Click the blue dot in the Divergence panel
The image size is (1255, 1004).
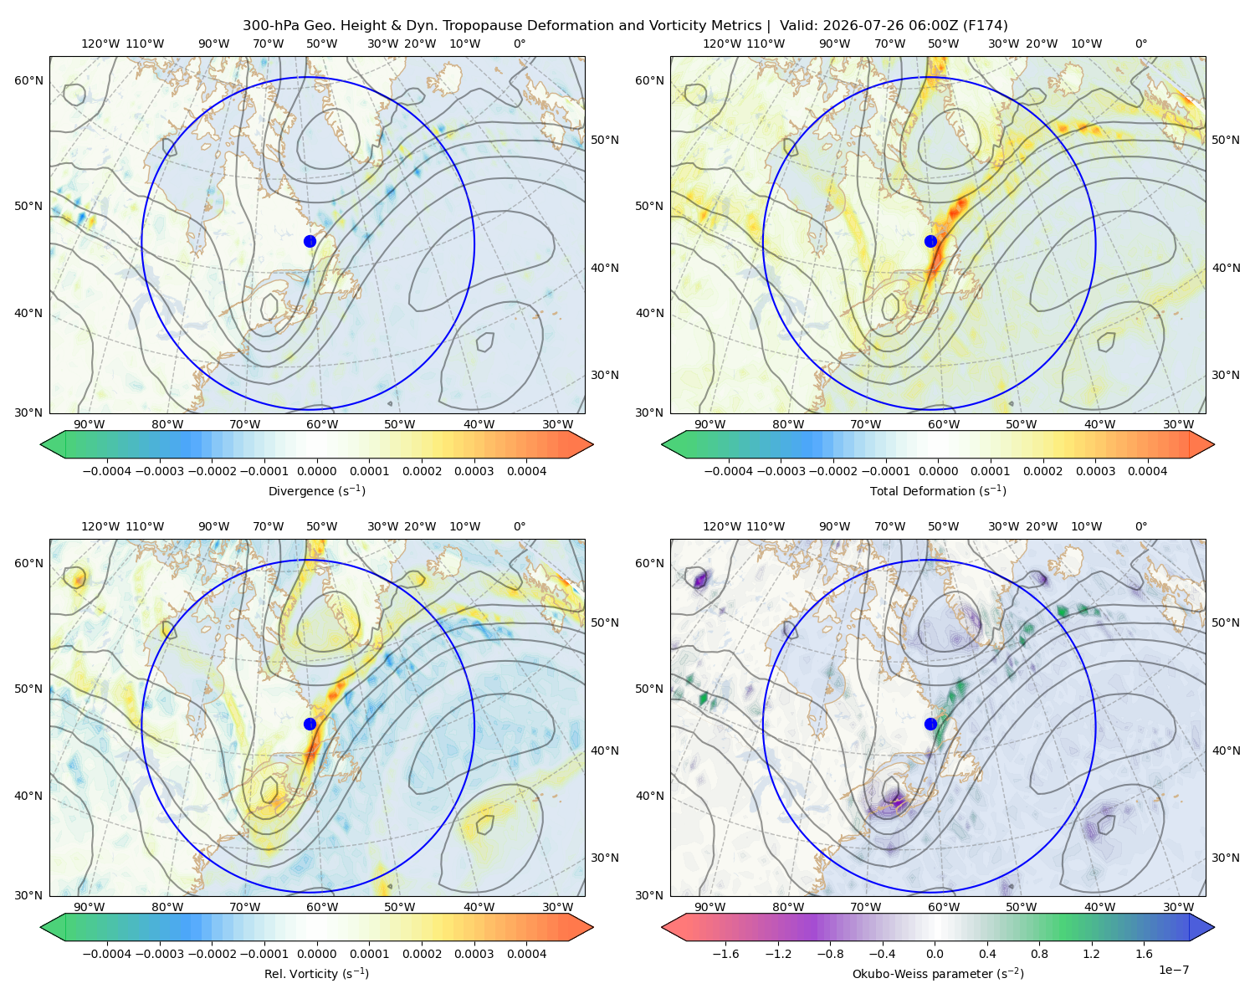[x=310, y=241]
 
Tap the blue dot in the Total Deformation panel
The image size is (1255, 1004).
[x=930, y=241]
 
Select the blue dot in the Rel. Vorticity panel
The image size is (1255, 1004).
[x=310, y=724]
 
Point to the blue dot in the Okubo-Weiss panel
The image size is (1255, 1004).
[x=930, y=724]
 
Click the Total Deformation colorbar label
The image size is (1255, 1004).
[x=938, y=491]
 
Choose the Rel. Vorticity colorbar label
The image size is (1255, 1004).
[x=316, y=974]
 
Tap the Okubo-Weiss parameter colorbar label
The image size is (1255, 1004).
[x=938, y=974]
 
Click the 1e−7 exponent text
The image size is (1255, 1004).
[x=1173, y=970]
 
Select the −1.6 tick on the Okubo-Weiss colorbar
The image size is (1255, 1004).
[x=725, y=954]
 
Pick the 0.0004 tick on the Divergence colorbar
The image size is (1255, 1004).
[x=526, y=471]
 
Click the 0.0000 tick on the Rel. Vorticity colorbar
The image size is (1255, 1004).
[x=316, y=954]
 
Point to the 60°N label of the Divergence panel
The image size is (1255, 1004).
[x=28, y=80]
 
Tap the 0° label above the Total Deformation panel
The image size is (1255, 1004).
[x=1140, y=44]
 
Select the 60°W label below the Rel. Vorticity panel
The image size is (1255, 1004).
[x=322, y=907]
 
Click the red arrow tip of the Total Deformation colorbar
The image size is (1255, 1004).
[x=1214, y=444]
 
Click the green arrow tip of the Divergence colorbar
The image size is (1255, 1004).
[x=41, y=444]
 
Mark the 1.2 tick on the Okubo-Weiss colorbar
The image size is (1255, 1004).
[x=1091, y=954]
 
